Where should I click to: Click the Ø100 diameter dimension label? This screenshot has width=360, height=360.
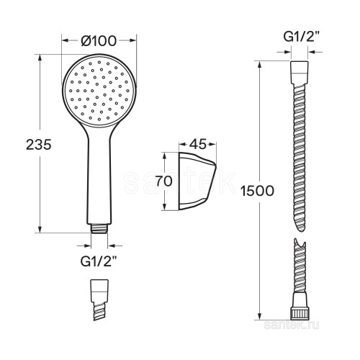click(99, 41)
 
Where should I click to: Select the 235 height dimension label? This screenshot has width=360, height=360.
click(39, 145)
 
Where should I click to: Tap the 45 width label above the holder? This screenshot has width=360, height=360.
click(197, 144)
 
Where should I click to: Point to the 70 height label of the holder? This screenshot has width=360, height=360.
click(164, 181)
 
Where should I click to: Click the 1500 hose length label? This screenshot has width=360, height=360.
click(257, 192)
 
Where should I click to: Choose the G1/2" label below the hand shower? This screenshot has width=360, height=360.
click(99, 262)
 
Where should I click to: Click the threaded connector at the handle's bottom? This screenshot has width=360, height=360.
click(99, 228)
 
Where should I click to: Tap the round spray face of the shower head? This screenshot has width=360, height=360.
click(99, 91)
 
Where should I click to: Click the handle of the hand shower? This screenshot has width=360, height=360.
click(99, 178)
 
